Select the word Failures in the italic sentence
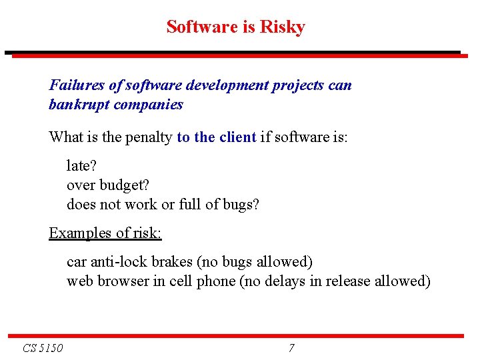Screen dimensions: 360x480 pyautogui.click(x=75, y=85)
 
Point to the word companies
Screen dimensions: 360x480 pyautogui.click(x=148, y=105)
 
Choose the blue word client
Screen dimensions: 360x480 pyautogui.click(x=237, y=137)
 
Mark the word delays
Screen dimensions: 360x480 pyautogui.click(x=282, y=281)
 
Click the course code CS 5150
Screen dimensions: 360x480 pyautogui.click(x=43, y=348)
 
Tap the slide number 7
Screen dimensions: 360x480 pyautogui.click(x=291, y=348)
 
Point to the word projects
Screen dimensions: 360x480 pyautogui.click(x=297, y=85)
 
